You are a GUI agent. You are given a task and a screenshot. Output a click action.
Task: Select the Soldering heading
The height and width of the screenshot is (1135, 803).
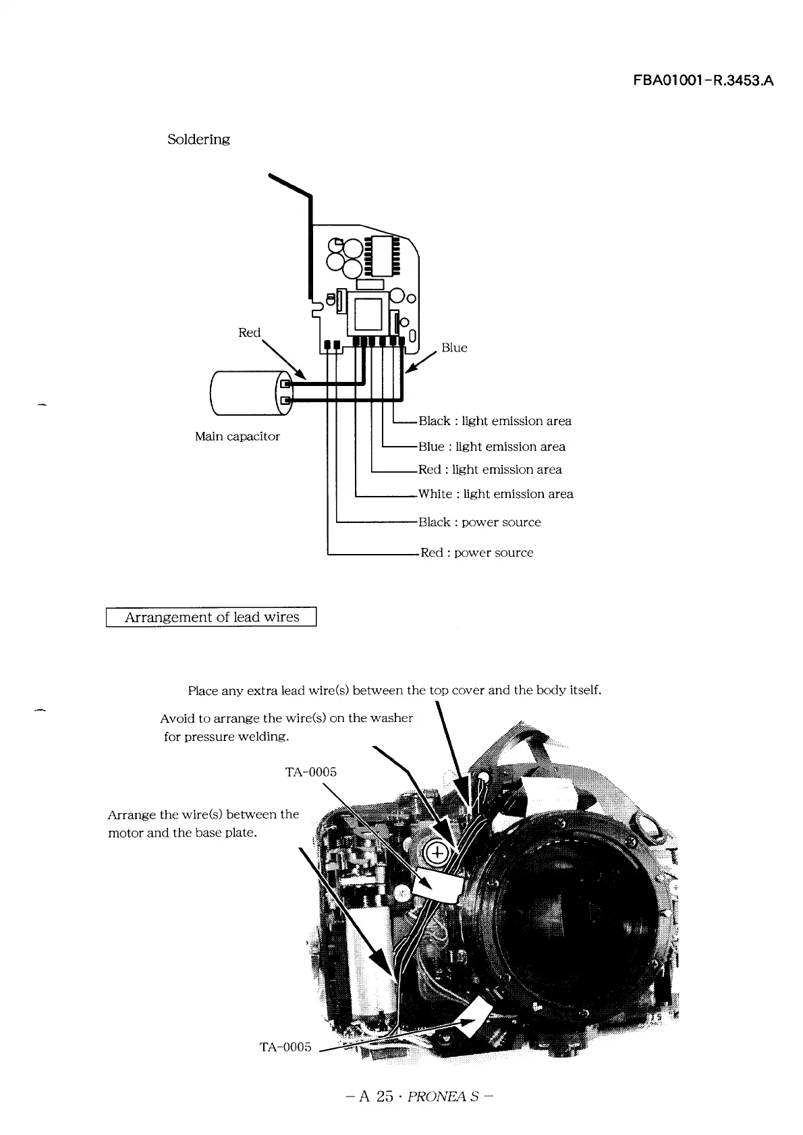[x=198, y=139]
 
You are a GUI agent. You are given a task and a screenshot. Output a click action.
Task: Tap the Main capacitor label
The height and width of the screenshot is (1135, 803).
[x=237, y=437]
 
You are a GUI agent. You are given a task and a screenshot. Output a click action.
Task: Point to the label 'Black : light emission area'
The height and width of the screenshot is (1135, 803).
[x=495, y=421]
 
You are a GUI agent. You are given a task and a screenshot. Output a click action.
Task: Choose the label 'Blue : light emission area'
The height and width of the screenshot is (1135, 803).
[x=491, y=447]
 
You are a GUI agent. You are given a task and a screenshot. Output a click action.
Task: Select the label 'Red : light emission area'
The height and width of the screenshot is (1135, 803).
[x=490, y=470]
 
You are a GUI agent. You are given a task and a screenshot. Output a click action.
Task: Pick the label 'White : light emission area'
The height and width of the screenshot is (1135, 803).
[x=495, y=494]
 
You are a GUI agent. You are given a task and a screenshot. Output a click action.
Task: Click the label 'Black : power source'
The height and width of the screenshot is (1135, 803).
[x=479, y=522]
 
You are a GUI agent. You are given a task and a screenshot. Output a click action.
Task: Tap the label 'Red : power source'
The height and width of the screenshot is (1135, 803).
[x=476, y=553]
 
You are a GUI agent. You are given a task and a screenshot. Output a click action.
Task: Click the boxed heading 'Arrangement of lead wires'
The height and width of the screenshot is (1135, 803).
[x=211, y=617]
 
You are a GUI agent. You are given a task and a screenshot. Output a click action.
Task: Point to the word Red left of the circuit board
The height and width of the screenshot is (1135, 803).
[x=249, y=333]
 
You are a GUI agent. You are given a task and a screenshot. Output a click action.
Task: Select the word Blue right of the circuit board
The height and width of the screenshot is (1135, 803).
[x=454, y=348]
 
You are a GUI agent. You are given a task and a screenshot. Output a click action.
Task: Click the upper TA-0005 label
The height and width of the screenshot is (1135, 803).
[x=310, y=772]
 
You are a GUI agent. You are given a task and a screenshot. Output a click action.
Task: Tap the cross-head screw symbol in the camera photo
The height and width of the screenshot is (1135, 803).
[x=437, y=853]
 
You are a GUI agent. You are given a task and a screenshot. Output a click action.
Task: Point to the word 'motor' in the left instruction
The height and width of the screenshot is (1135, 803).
[x=126, y=833]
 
